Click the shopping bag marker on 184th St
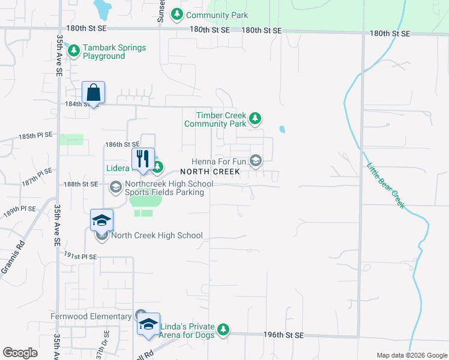click(93, 92)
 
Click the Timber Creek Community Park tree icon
click(255, 118)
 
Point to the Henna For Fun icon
click(256, 160)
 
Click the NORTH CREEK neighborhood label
click(209, 172)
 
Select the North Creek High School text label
click(157, 236)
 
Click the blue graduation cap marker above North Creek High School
click(101, 220)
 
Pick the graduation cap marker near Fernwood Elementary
click(148, 325)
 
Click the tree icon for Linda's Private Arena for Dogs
click(223, 329)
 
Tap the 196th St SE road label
click(284, 335)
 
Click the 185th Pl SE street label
click(35, 136)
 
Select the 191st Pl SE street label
click(80, 256)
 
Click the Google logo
click(20, 353)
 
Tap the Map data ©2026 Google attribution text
click(411, 355)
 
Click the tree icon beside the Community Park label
click(176, 14)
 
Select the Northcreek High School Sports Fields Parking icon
click(115, 187)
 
